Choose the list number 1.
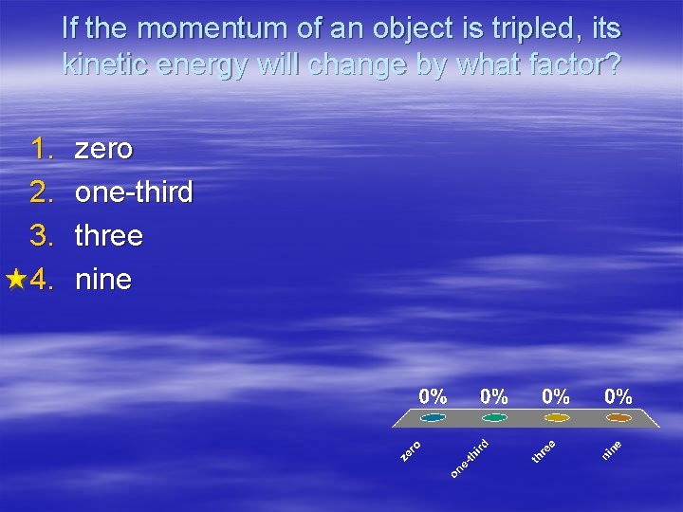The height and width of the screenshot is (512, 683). tap(44, 149)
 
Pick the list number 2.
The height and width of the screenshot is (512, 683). tap(44, 192)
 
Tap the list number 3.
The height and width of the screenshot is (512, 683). tap(44, 235)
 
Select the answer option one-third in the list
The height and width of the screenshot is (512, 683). tap(134, 192)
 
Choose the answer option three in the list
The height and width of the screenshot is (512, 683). tap(109, 235)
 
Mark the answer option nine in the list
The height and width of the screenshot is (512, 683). tap(103, 279)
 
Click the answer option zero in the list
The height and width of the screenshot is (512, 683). tap(104, 149)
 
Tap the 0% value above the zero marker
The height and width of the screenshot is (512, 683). tap(434, 395)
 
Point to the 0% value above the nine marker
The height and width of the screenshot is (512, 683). tap(618, 395)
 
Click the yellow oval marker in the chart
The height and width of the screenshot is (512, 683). tap(557, 417)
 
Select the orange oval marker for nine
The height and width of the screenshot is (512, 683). tap(618, 417)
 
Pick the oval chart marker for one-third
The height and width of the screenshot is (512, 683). tap(494, 417)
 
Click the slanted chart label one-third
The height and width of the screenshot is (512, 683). tap(470, 458)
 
